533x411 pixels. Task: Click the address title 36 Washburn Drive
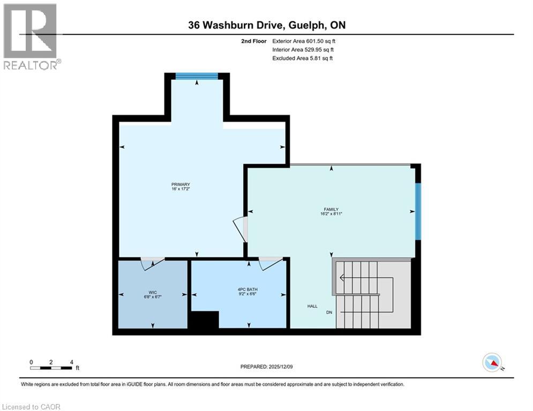click(x=266, y=25)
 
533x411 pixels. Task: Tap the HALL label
click(x=312, y=307)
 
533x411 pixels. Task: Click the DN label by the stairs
click(x=329, y=312)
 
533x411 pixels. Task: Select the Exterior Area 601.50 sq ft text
click(x=304, y=41)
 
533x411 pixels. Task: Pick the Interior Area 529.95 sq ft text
click(x=303, y=49)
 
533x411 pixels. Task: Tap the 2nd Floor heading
click(x=254, y=41)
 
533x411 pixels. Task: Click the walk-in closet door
click(x=152, y=262)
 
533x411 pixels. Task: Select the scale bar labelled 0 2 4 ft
click(x=51, y=366)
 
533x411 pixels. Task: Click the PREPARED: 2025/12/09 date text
click(x=266, y=367)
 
